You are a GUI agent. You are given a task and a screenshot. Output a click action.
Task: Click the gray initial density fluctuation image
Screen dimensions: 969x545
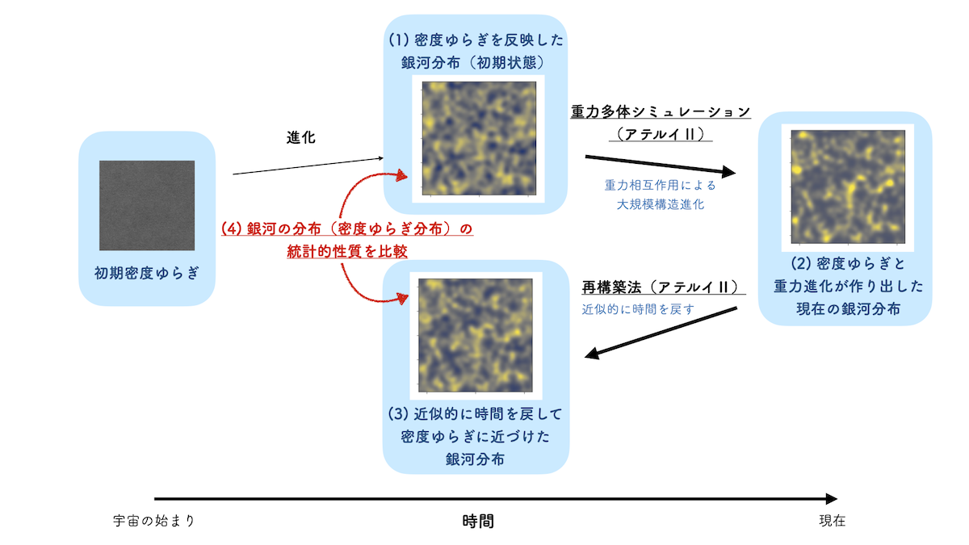click(147, 205)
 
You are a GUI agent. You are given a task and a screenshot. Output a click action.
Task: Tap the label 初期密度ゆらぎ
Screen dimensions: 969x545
click(147, 273)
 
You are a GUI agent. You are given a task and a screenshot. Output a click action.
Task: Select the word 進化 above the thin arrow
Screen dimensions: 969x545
click(300, 137)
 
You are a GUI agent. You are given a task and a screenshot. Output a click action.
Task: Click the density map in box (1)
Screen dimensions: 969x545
click(479, 138)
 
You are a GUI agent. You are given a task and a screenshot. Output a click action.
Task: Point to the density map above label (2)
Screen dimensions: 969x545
click(848, 187)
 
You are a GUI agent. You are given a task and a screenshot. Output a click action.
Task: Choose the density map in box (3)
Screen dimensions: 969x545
click(476, 335)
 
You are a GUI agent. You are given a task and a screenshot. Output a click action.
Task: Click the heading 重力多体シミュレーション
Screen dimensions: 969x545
click(661, 111)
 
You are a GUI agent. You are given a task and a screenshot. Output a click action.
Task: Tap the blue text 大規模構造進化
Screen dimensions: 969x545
click(661, 204)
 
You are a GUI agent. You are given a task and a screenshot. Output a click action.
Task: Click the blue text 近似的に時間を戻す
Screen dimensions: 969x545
click(638, 309)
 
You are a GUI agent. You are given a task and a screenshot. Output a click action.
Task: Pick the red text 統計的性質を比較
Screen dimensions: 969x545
click(347, 251)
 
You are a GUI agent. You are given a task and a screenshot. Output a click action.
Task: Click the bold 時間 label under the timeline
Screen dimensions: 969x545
click(478, 522)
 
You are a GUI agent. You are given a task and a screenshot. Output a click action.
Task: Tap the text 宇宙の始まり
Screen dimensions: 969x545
click(154, 520)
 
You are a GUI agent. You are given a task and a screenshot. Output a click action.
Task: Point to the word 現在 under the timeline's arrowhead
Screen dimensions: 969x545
click(832, 520)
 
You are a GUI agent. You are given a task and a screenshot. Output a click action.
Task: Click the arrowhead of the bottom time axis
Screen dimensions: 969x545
click(832, 499)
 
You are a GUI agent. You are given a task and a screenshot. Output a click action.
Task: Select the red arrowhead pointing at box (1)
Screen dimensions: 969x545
click(402, 175)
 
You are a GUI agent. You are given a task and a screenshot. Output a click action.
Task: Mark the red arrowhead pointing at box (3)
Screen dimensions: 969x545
click(403, 298)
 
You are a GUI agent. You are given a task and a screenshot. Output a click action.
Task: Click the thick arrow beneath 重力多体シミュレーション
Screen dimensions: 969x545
click(661, 165)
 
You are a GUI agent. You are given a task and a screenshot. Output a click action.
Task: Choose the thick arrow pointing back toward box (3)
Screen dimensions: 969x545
click(661, 333)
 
